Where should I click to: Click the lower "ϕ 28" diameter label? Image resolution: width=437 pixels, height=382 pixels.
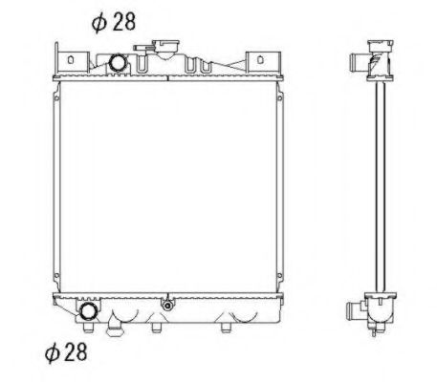click(x=67, y=352)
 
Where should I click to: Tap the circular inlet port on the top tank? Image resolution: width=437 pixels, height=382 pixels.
click(x=119, y=63)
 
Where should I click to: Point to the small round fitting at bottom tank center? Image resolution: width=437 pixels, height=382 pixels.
click(x=167, y=306)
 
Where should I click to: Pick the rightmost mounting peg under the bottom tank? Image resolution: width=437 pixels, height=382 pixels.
click(x=225, y=329)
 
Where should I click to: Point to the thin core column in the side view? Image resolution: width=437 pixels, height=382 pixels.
click(x=382, y=186)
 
